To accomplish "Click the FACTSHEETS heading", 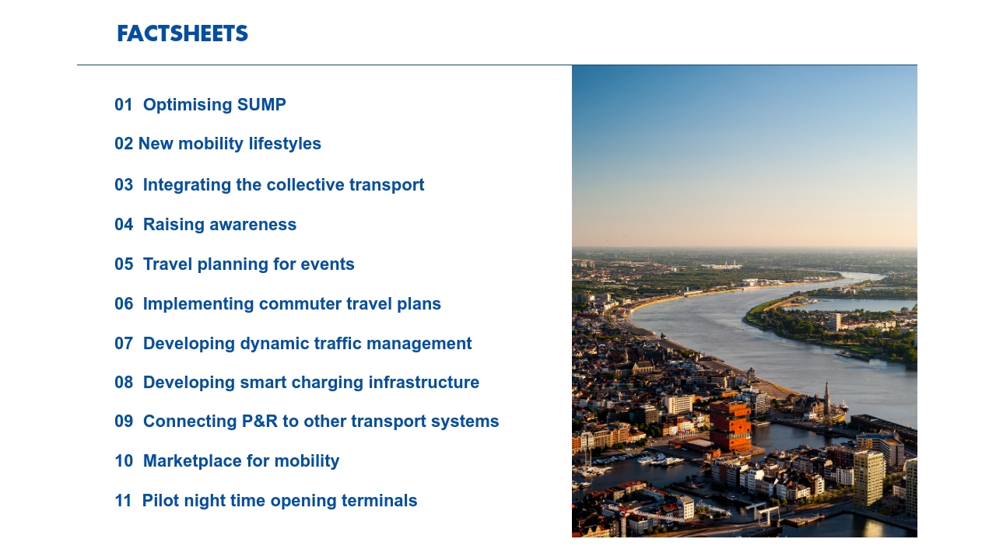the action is [x=182, y=33].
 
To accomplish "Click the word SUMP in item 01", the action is [x=261, y=105].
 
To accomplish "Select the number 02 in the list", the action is [x=124, y=144].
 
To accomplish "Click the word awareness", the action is [x=253, y=225].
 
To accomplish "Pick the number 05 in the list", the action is [x=124, y=264].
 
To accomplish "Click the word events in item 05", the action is [x=328, y=264].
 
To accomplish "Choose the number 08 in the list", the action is [x=124, y=383].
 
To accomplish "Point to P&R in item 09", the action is [x=260, y=422].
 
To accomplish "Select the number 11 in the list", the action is [x=123, y=501].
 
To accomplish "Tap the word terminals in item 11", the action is [x=379, y=501].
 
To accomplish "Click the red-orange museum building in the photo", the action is [x=730, y=425].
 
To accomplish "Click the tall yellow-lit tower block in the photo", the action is [x=868, y=478].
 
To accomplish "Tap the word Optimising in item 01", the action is [x=188, y=105].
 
